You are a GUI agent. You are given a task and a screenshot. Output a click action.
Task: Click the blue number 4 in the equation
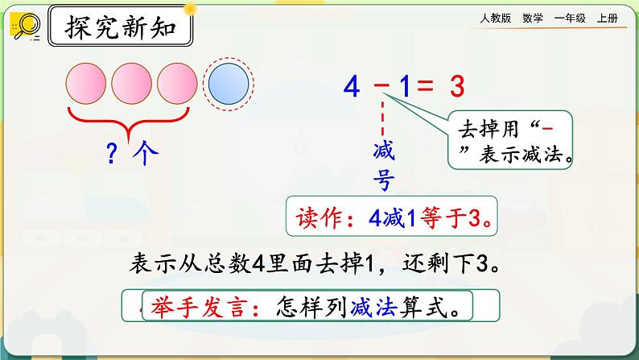click(x=351, y=86)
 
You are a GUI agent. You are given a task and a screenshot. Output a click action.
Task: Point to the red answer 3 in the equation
click(x=460, y=86)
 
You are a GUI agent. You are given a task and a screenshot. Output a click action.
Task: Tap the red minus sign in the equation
click(x=384, y=85)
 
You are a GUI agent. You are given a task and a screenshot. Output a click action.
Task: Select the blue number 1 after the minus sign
click(x=405, y=86)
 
